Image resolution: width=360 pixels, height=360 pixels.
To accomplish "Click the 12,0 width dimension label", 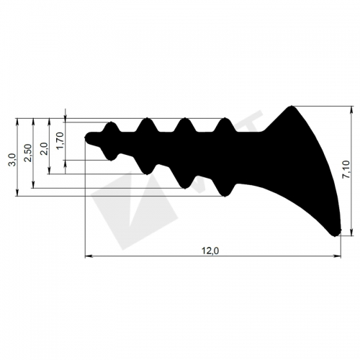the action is point(210,251).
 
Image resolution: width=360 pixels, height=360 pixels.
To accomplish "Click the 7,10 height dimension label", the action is point(346,170).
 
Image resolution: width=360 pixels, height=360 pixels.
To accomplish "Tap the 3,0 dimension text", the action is point(12,160).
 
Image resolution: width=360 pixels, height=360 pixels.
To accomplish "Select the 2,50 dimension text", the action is point(28,153).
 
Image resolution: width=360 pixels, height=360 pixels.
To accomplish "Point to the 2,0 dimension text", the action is point(45,149).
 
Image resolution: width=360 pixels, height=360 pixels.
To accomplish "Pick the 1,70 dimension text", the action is point(60,140).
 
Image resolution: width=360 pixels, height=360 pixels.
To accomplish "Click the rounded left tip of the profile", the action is point(86,138).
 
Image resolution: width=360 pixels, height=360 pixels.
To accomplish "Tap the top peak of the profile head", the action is point(292,107).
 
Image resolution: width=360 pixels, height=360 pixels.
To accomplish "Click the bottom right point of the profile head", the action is point(335,234).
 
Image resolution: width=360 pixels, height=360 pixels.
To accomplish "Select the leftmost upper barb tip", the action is point(111,122).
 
